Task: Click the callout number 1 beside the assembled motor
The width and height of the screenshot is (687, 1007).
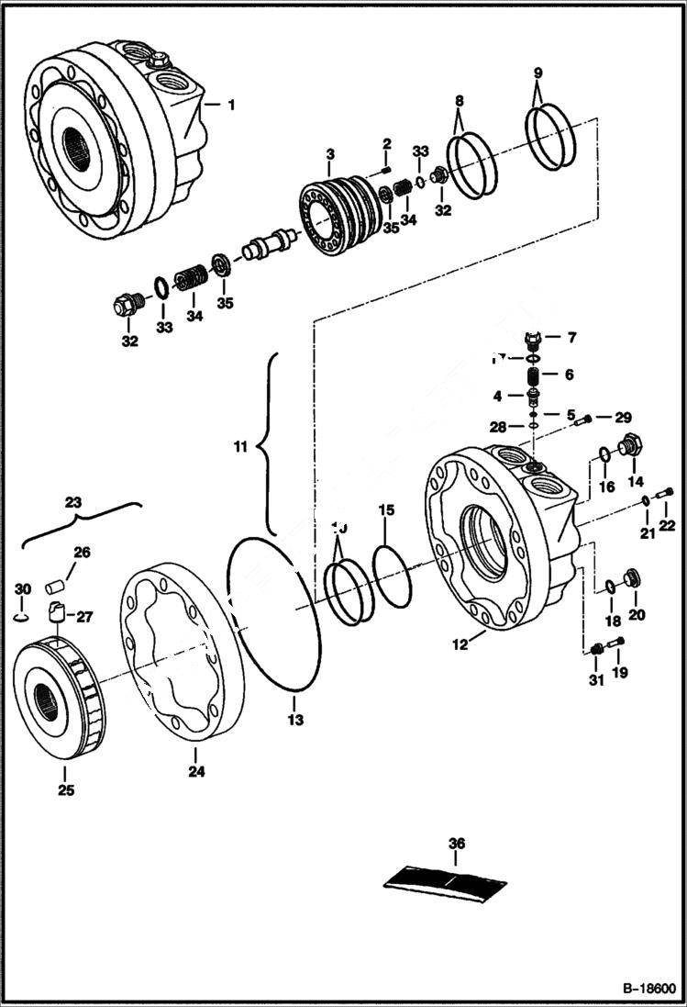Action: pyautogui.click(x=230, y=105)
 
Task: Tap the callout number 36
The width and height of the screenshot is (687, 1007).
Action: pyautogui.click(x=457, y=843)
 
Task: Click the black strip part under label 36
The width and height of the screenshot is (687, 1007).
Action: pyautogui.click(x=445, y=880)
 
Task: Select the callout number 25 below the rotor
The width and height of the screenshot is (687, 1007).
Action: pyautogui.click(x=66, y=789)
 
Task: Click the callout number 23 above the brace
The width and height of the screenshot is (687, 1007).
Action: pyautogui.click(x=72, y=502)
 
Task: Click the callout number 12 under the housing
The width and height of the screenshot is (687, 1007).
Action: pyautogui.click(x=460, y=644)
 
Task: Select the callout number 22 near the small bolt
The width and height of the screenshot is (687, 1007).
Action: pyautogui.click(x=667, y=524)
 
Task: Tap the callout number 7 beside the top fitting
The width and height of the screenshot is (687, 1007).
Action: pyautogui.click(x=571, y=338)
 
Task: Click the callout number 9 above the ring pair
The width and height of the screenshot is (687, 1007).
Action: pyautogui.click(x=538, y=73)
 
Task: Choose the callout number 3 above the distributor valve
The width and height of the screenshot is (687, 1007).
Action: pyautogui.click(x=329, y=151)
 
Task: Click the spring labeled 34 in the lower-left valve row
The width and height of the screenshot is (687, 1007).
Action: pyautogui.click(x=192, y=276)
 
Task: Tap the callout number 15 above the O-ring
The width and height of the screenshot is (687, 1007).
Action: pyautogui.click(x=386, y=509)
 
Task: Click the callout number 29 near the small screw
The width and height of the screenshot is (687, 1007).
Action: pyautogui.click(x=623, y=417)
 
